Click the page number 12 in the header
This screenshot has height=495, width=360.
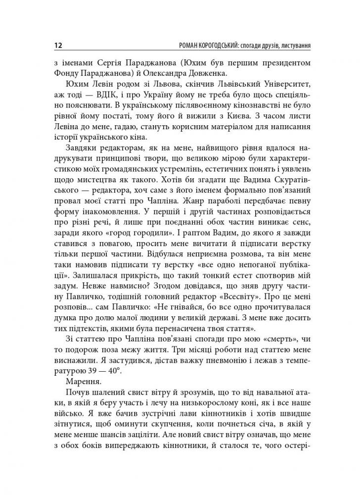click(x=56, y=46)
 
